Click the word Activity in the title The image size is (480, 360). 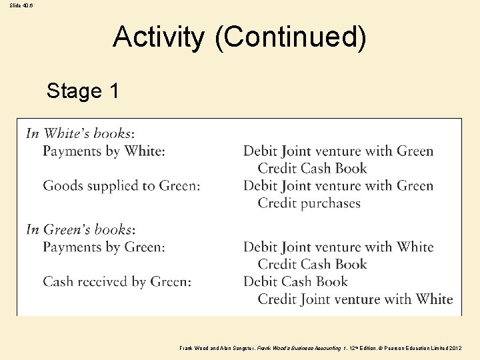[x=159, y=37]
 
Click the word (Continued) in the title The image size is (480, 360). [x=290, y=38]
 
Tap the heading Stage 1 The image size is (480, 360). [x=83, y=91]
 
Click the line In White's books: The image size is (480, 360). [x=80, y=133]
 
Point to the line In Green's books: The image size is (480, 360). [x=81, y=229]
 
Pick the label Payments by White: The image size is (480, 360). [x=104, y=151]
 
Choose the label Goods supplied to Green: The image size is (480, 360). [x=121, y=186]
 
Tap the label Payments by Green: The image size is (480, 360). [x=104, y=247]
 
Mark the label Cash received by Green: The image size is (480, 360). [x=117, y=282]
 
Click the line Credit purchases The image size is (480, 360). [x=309, y=203]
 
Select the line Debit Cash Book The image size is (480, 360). [x=296, y=282]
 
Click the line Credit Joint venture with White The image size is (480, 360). [x=355, y=299]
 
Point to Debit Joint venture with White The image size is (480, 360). [x=339, y=247]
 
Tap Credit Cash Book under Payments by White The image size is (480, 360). [x=313, y=169]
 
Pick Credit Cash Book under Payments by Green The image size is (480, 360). [x=313, y=265]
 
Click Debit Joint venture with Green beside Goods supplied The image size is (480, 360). [x=339, y=186]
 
